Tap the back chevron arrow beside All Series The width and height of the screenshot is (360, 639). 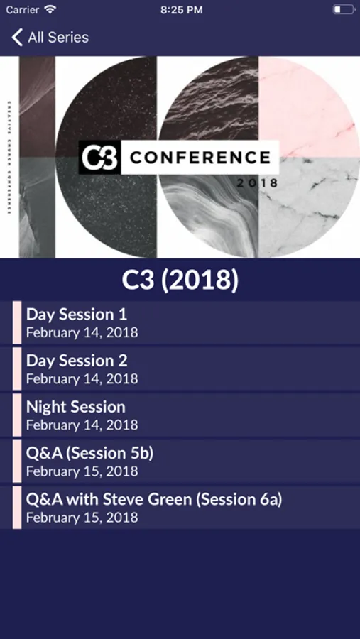(17, 38)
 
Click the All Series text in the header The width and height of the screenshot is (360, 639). (58, 38)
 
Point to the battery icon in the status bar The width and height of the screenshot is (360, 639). (344, 9)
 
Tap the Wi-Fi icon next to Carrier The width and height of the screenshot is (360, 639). (50, 9)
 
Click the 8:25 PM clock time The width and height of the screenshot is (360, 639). (182, 10)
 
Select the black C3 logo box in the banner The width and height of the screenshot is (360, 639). (100, 158)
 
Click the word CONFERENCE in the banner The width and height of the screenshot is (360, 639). (200, 158)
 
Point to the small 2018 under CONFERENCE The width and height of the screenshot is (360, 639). (257, 183)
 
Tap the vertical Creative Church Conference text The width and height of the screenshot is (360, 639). (9, 158)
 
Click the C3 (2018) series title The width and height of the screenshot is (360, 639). (180, 280)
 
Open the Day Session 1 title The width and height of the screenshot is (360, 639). (77, 315)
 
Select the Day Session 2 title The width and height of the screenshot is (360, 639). (77, 361)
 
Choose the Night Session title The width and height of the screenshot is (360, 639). (76, 407)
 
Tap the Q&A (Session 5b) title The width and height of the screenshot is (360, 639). (89, 453)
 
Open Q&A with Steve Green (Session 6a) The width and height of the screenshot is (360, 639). (154, 500)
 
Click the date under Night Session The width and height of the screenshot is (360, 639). (82, 425)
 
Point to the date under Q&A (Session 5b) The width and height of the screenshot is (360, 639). (82, 471)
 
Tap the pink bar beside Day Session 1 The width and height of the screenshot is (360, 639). (17, 323)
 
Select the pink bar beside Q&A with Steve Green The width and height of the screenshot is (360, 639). (17, 508)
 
